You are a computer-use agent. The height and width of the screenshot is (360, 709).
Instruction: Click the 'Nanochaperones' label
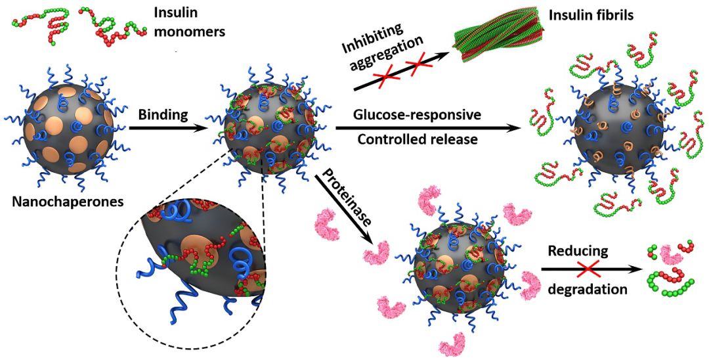point(68,200)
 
